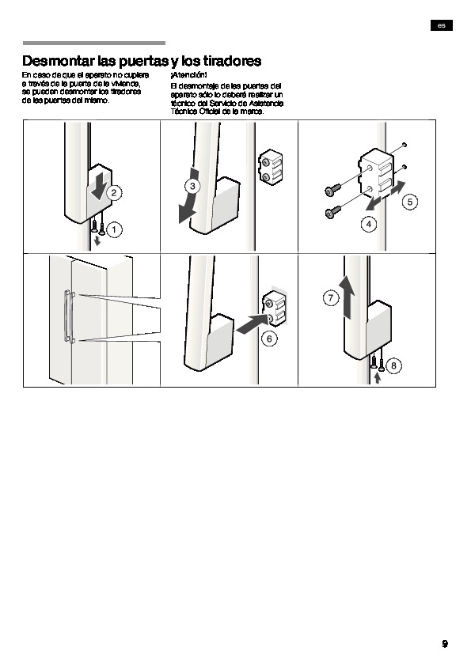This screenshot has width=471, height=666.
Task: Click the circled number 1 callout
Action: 114,230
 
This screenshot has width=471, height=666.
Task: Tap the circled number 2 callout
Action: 114,193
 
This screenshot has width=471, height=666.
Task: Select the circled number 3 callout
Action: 192,186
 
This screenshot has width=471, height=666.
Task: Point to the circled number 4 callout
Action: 369,224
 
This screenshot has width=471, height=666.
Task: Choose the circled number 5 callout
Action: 410,202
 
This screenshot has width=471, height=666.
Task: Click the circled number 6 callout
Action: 269,339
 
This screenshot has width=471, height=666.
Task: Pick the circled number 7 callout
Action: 331,298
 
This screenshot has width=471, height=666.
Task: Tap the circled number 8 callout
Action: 393,365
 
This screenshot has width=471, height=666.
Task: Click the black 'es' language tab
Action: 442,25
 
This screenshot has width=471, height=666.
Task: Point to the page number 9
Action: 445,644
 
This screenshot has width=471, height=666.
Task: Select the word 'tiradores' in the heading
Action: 232,61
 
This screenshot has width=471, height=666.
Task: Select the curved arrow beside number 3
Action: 188,196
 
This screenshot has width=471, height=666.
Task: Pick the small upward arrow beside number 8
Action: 378,377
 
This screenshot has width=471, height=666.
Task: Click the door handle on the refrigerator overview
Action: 67,316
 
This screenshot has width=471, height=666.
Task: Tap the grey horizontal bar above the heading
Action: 94,43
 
